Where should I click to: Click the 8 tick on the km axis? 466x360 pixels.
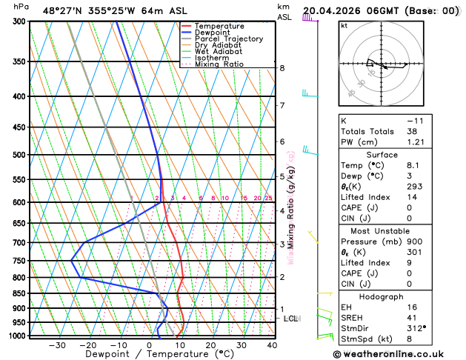[282, 68]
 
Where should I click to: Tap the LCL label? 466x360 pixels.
[290, 319]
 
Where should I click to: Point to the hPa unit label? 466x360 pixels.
[21, 7]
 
